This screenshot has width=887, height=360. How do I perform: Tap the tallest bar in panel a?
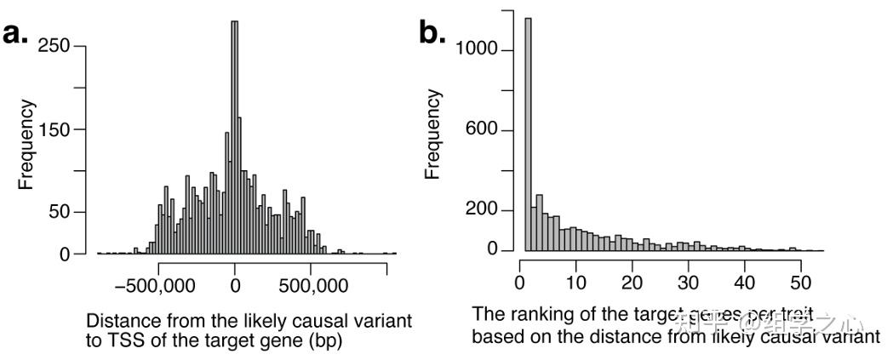(x=235, y=136)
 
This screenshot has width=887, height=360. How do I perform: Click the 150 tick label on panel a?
(x=58, y=129)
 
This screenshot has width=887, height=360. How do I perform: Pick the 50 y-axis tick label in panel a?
(x=63, y=213)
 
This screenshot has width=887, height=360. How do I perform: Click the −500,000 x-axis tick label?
(x=159, y=284)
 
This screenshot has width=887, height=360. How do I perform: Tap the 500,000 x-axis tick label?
(x=311, y=284)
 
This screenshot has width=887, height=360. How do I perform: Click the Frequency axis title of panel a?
(x=26, y=145)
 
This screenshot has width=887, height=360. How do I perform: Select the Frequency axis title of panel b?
(x=433, y=134)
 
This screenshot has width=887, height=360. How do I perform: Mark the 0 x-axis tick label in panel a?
(x=236, y=284)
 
